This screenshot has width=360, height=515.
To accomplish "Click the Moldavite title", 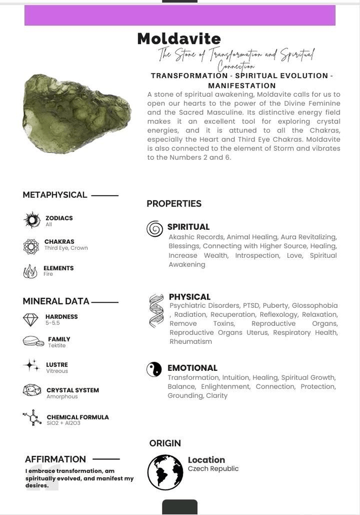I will point(179,39).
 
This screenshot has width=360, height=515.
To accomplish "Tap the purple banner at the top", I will point(179,15).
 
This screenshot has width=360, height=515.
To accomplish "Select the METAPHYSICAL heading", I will point(55,195).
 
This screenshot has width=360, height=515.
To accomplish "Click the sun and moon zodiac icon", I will point(31,220).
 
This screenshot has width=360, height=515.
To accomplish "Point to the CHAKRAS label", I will point(59,241).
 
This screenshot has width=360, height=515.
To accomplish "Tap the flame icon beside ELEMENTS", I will point(30,271).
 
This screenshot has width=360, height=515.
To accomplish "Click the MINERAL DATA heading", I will point(56,301).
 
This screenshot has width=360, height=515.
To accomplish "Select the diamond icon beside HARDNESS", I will point(30,320).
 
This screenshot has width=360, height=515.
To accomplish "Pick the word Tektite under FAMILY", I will point(57,346).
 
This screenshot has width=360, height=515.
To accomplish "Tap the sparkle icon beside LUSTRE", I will point(31,365).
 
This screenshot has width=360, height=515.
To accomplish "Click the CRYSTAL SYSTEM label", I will point(73,390).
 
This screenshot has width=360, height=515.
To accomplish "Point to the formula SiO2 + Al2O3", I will point(64,423).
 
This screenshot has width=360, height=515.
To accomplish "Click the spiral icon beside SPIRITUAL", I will point(155,229).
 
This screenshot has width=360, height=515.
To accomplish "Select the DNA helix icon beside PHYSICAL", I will point(156,310).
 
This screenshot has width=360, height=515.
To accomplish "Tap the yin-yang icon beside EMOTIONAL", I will point(154,369).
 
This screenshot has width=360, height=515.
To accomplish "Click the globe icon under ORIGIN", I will point(165,472).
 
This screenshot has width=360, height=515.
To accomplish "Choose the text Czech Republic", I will point(213,469).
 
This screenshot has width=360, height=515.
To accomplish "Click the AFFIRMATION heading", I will point(56,459).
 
